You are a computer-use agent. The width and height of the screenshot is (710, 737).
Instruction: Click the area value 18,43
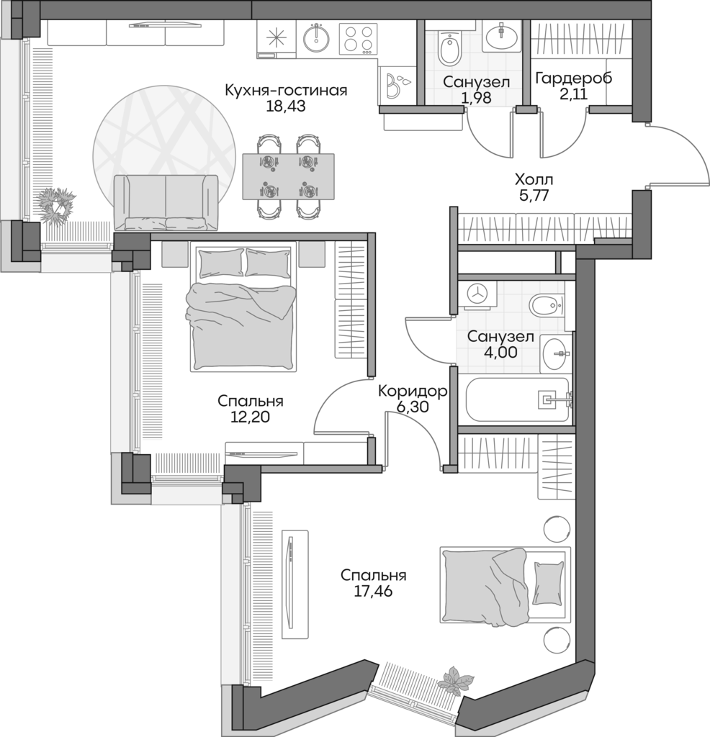(x=286, y=107)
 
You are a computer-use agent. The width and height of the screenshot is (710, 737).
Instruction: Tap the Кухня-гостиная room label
(x=286, y=91)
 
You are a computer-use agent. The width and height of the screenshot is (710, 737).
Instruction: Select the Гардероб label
(x=574, y=78)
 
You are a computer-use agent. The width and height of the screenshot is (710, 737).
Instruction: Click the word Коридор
(x=413, y=392)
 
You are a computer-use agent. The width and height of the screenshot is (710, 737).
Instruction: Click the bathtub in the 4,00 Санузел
(x=518, y=399)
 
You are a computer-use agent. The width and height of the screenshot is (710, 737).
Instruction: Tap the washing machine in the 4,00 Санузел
(x=477, y=294)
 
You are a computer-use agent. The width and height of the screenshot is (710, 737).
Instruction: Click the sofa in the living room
(x=166, y=202)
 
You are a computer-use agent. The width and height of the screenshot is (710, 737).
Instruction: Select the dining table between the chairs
(x=288, y=177)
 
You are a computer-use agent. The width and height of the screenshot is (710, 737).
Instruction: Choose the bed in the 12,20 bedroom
(x=243, y=308)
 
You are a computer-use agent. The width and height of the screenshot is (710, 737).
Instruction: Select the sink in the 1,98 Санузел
(x=503, y=34)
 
